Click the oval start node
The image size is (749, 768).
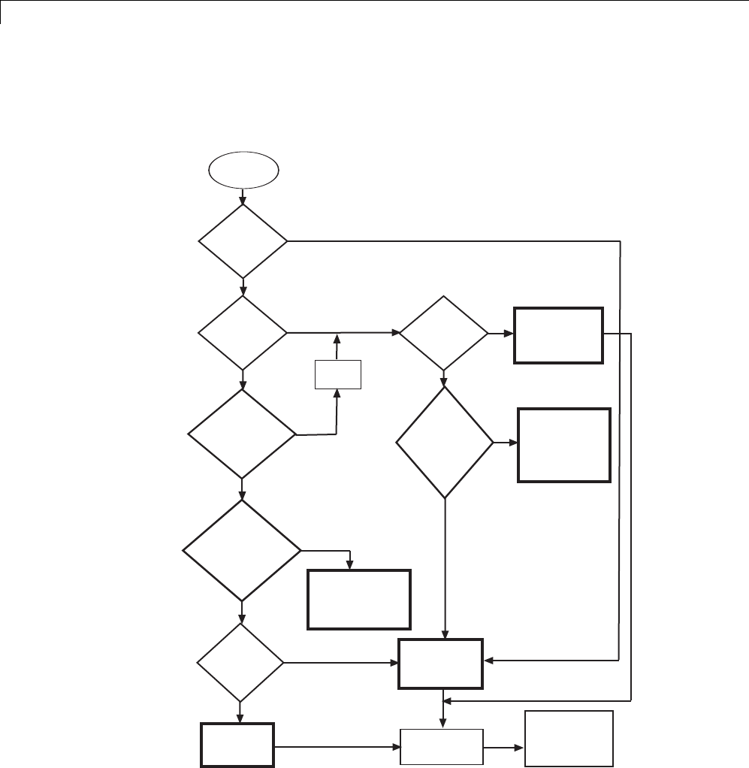tap(243, 172)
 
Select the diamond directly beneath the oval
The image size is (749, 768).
tap(243, 241)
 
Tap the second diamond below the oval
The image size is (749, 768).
tap(243, 331)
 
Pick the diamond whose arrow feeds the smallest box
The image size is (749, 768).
tap(243, 434)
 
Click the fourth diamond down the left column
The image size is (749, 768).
tap(243, 551)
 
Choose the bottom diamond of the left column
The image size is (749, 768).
tap(240, 663)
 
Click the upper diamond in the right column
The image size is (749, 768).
tap(443, 332)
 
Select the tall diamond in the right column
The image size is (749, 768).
tap(445, 443)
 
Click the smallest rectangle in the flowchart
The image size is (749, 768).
tap(337, 374)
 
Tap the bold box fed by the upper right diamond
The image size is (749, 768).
tap(559, 335)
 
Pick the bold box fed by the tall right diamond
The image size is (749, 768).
tap(564, 445)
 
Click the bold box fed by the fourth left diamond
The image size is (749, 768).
tap(359, 599)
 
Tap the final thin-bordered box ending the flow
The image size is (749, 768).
tap(569, 739)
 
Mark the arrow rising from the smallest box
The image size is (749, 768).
tap(337, 346)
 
